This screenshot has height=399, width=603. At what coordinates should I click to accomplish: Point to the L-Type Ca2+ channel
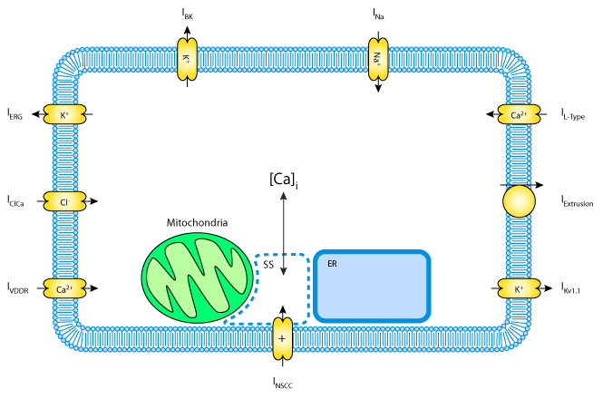pos(520,115)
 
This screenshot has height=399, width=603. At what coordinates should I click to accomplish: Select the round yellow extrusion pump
pos(520,201)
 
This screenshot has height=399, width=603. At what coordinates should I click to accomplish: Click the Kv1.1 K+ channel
pos(520,288)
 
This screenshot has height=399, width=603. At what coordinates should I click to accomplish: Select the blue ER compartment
pos(372,285)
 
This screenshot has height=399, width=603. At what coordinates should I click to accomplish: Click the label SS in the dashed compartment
pos(268,265)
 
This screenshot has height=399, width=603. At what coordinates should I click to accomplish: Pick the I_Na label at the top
pos(377,13)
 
